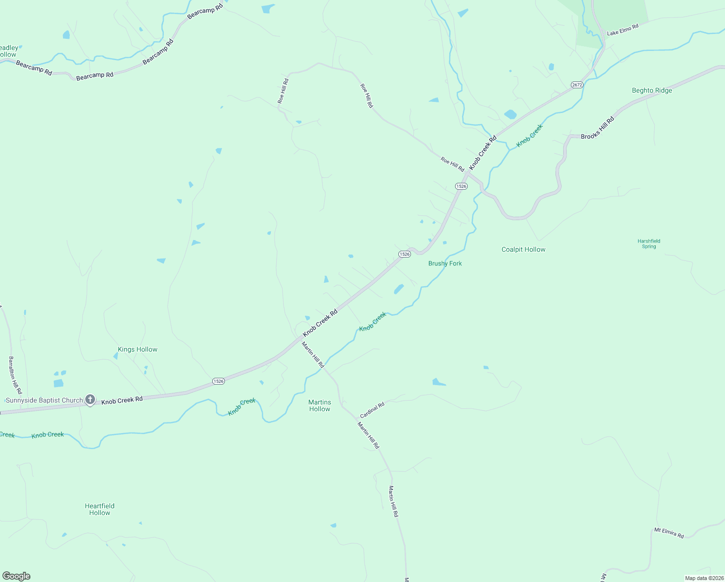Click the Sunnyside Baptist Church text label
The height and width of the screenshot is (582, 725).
44,401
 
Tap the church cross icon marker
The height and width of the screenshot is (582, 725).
90,400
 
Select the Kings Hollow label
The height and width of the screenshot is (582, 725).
138,349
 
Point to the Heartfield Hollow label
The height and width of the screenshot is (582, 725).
100,509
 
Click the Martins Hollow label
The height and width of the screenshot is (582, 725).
320,405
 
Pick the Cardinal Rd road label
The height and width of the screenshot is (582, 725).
372,410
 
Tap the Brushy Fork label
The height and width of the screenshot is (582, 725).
445,263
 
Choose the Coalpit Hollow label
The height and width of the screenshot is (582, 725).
523,249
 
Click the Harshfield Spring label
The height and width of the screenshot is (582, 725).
649,243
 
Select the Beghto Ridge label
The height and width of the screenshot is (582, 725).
652,90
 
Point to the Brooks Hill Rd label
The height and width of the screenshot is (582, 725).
598,128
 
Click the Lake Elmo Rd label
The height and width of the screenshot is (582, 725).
623,30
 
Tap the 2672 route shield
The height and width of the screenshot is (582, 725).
577,85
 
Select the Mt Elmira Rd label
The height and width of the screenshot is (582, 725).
669,533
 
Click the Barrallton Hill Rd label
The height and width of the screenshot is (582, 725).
15,375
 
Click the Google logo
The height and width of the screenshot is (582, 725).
16,576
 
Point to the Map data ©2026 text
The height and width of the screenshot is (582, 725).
704,578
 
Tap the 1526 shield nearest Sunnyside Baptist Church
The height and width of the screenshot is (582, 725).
219,381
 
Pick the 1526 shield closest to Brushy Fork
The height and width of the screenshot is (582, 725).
405,254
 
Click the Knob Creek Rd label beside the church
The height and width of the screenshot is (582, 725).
122,400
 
